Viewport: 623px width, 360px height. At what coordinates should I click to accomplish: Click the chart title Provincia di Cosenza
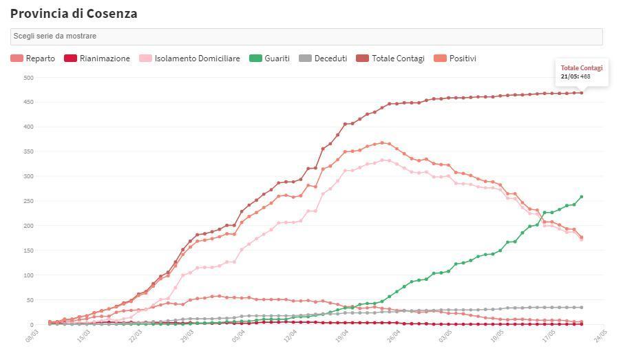74,13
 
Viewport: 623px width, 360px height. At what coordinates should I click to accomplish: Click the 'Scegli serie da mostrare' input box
306,36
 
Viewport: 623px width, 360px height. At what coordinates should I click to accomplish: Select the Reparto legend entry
33,59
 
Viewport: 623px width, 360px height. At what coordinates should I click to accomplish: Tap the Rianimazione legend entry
97,59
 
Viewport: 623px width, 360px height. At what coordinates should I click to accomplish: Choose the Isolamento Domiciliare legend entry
190,59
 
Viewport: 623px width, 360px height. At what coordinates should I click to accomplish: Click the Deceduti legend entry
324,59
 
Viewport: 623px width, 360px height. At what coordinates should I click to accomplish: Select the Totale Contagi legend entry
391,59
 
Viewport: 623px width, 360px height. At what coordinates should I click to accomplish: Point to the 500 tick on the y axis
28,78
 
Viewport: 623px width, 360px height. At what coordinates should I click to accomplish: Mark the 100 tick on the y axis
28,275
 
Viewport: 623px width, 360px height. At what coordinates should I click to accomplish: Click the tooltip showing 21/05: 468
581,72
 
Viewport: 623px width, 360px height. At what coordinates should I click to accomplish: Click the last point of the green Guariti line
582,197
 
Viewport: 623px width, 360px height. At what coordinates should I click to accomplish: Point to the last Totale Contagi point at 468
582,93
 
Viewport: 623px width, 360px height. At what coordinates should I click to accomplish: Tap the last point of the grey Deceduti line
582,308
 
